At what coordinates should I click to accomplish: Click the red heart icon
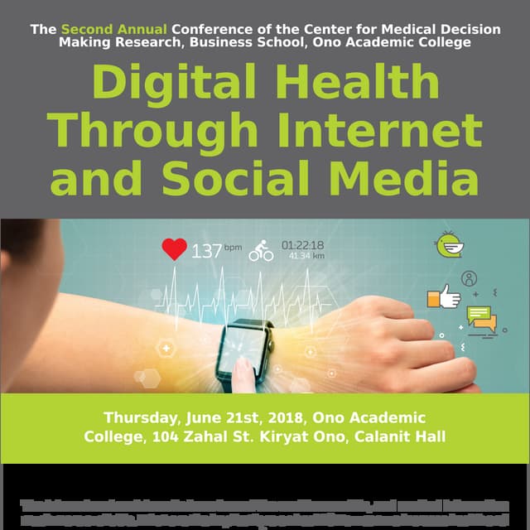174,249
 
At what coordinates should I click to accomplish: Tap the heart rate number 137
205,250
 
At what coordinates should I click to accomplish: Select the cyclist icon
261,251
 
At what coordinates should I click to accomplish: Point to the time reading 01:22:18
303,245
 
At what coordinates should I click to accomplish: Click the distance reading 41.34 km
306,257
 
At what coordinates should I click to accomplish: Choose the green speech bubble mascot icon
450,245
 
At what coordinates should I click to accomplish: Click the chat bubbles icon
481,317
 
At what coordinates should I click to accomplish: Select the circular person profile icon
470,278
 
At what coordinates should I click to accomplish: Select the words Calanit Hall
400,436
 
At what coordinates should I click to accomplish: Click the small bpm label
233,247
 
